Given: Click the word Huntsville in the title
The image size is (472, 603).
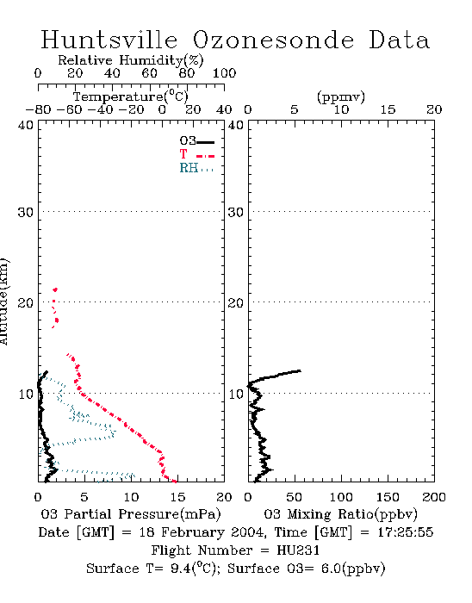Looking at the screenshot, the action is pos(109,40).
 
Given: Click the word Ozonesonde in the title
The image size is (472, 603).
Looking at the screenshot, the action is pos(273,40).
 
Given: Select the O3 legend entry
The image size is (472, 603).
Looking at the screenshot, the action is pos(196,141).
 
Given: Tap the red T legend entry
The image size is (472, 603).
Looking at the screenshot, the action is pos(196,154).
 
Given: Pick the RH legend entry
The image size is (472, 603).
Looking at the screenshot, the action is pos(196,168).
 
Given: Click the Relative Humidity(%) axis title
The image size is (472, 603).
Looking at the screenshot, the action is pos(131,60).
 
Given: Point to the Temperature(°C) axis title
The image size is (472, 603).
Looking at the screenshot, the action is pos(131,96).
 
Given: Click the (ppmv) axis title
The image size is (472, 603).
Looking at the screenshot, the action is pos(341,96).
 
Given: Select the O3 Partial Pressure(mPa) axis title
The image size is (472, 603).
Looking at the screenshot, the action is pos(131,514).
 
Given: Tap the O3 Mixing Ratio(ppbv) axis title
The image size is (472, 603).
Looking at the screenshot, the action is pos(340,514).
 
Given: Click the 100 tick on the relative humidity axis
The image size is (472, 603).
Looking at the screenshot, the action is pos(224,73).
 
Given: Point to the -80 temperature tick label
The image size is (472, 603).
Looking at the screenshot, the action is pos(38,109).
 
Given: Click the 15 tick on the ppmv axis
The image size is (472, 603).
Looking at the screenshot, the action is pos(388,109).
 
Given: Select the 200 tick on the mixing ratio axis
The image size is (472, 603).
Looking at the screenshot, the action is pos(434,497).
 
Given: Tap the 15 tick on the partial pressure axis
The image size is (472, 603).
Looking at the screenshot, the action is pos(177,497).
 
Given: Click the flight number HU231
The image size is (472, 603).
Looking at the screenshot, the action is pos(298,550).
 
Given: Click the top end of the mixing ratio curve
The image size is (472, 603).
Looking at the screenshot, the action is pos(300,370).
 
